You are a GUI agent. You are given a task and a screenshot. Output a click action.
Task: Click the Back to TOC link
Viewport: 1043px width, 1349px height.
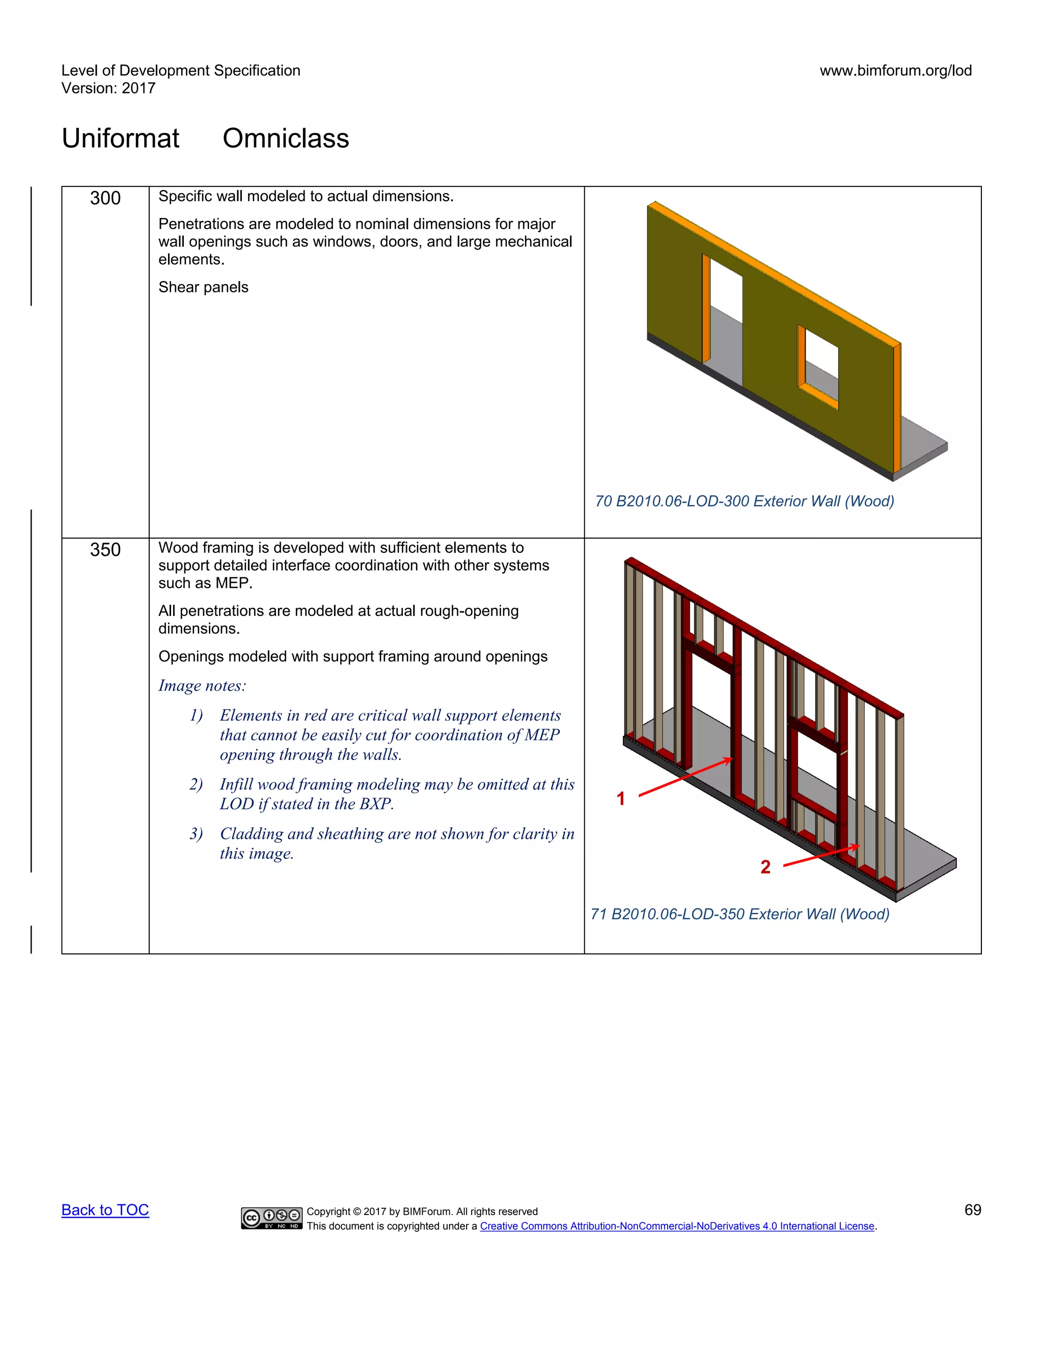pos(105,1210)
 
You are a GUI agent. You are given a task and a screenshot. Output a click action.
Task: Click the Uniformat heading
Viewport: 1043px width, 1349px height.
pos(121,138)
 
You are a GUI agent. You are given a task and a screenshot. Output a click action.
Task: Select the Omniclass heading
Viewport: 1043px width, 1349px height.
pos(286,138)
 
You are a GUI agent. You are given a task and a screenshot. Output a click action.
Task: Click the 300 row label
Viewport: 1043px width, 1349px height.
pos(105,198)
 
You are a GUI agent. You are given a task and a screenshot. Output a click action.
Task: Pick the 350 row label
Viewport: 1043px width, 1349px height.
pos(105,550)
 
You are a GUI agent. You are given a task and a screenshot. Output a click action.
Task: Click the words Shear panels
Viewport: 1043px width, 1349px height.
pos(203,287)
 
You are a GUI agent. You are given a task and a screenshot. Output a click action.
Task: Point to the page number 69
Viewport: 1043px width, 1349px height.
pos(972,1210)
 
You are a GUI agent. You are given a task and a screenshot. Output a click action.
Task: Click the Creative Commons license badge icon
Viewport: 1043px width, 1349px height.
pos(271,1218)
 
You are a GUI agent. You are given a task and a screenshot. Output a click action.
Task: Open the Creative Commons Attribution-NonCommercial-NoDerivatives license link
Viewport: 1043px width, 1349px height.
pos(677,1226)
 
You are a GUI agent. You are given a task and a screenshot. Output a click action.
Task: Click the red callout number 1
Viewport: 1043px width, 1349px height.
pos(621,799)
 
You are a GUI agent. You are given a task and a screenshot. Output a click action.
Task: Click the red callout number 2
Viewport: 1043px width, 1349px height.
pos(765,867)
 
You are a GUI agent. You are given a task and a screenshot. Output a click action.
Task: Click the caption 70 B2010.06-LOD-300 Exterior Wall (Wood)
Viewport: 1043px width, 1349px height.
pos(744,501)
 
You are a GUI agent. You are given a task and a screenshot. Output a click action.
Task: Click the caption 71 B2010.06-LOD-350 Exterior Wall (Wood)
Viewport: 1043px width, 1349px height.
pos(739,914)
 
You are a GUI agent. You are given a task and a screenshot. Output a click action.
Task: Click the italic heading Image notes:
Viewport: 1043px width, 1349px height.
pos(202,686)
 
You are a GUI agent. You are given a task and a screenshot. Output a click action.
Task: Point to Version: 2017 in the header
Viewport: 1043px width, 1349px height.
pos(108,89)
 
